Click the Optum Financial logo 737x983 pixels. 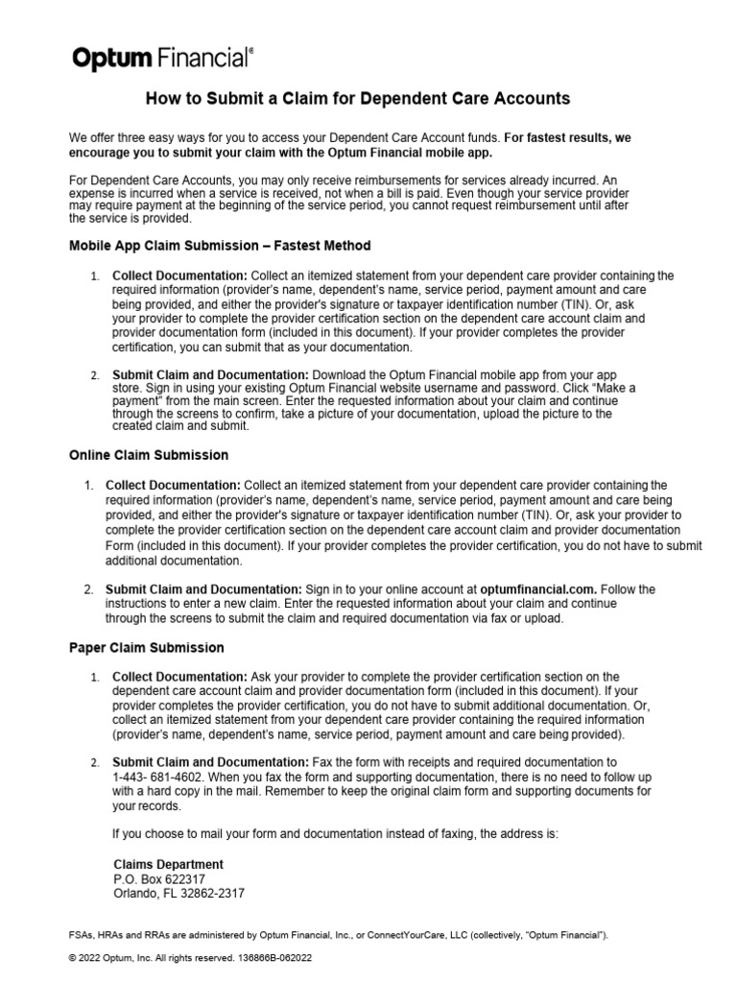coord(163,59)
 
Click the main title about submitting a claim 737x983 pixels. coord(357,99)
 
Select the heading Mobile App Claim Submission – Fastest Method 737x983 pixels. coord(220,246)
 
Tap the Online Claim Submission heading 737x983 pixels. coord(149,454)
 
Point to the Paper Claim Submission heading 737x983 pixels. coord(147,648)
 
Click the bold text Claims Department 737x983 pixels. coord(168,864)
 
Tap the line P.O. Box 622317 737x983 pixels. coord(159,878)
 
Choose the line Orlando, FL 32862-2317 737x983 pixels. coord(178,893)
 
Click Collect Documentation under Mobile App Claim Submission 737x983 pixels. coord(180,276)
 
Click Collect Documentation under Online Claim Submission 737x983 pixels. coord(173,485)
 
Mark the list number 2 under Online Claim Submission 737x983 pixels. coord(87,588)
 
